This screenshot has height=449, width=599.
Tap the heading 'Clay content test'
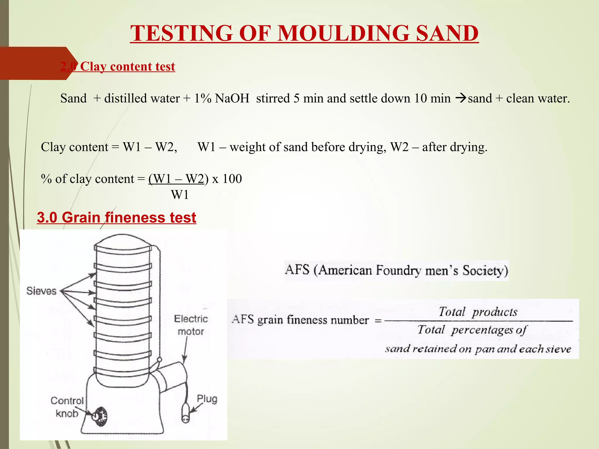coord(128,67)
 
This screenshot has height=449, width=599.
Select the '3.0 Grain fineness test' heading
coord(116,217)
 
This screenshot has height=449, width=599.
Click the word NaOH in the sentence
coord(232,98)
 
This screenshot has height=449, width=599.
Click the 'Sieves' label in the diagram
coord(41,291)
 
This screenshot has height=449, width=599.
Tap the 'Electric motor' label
coord(191,325)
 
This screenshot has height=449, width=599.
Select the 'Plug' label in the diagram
coord(207,399)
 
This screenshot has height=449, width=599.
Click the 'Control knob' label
coord(67,407)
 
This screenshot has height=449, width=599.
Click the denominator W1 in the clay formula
coord(180,195)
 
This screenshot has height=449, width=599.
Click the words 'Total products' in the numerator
coord(478,312)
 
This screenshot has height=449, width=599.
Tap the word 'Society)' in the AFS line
coord(485,270)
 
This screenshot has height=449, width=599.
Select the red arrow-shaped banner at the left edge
coord(35,63)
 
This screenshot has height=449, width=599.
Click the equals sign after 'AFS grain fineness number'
coord(378,321)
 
